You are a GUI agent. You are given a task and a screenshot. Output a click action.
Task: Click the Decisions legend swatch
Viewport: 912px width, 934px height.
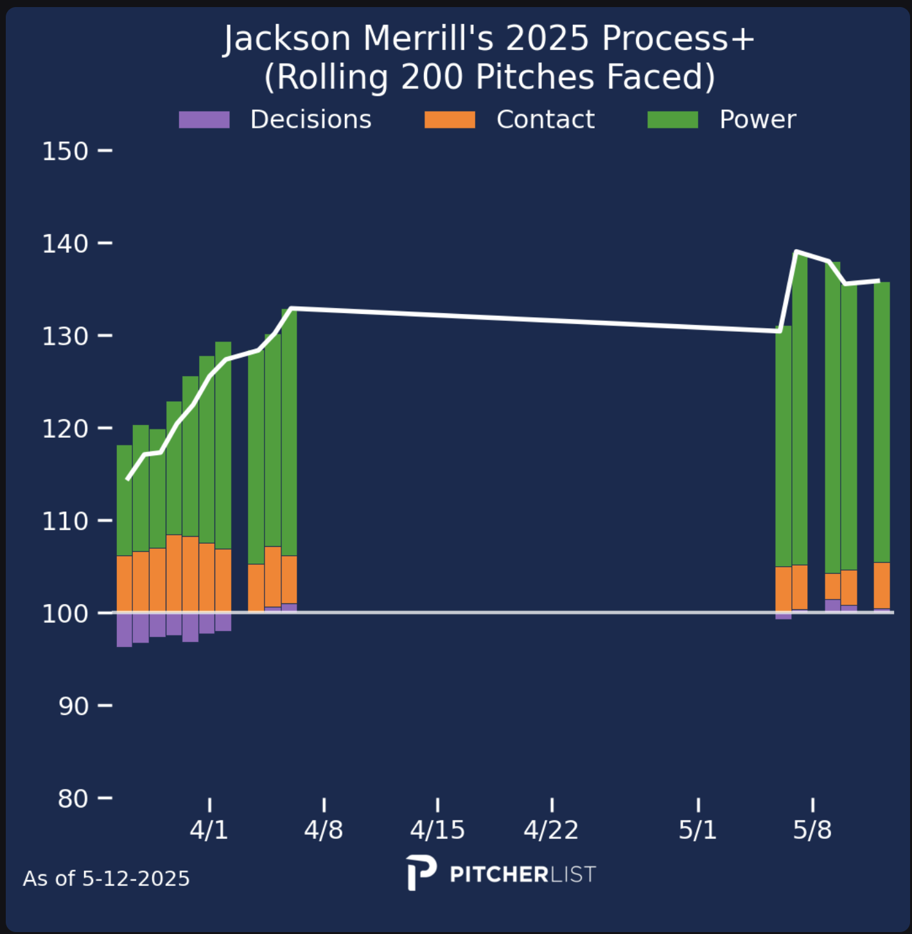(204, 120)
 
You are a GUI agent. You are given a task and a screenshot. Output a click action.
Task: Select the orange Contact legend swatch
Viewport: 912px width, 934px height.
(450, 120)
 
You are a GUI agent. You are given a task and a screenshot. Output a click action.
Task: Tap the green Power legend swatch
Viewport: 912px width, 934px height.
(672, 120)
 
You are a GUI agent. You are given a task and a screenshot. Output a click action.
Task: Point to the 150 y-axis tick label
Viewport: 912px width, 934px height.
(65, 152)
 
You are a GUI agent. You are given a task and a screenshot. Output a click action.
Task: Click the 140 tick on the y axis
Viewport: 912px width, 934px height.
(65, 244)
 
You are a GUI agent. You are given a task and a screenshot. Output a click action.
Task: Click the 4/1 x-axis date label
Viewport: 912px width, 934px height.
(209, 831)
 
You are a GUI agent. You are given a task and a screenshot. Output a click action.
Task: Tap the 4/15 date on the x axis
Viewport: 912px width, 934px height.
(437, 831)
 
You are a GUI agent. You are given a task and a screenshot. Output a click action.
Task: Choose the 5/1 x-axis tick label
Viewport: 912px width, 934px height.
(697, 831)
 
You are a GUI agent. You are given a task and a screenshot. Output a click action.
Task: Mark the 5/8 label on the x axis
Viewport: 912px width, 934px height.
(812, 831)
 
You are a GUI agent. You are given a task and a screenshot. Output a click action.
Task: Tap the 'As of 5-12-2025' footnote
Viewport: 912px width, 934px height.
(107, 879)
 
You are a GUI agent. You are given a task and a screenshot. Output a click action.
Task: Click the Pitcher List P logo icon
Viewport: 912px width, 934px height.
(421, 873)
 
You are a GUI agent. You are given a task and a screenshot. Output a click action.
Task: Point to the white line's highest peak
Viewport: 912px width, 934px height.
(796, 252)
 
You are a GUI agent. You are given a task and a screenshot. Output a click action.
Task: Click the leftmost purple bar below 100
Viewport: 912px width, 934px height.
(124, 630)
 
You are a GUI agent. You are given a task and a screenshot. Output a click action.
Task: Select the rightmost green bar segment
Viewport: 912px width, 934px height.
(882, 422)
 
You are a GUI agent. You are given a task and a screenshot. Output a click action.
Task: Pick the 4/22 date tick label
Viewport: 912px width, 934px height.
(551, 831)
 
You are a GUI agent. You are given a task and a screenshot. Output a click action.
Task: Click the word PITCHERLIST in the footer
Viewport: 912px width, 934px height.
(523, 874)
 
